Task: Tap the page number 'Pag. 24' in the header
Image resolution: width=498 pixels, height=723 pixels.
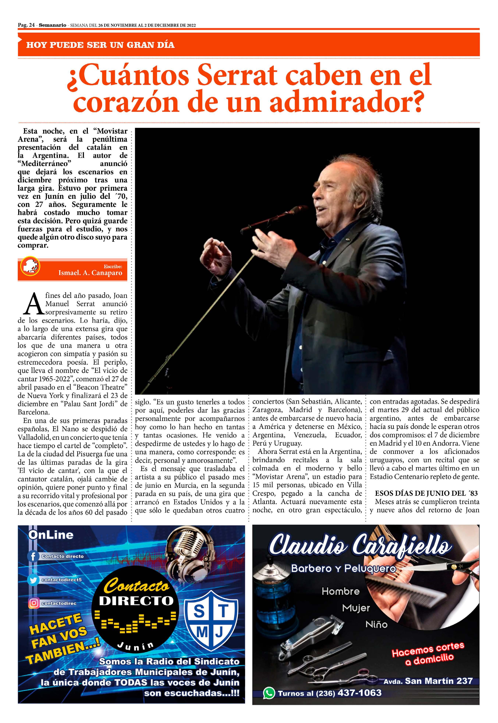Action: (x=26, y=25)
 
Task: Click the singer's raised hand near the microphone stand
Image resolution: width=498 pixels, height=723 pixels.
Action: (x=215, y=256)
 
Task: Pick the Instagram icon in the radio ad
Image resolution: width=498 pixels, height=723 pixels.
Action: (x=33, y=603)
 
